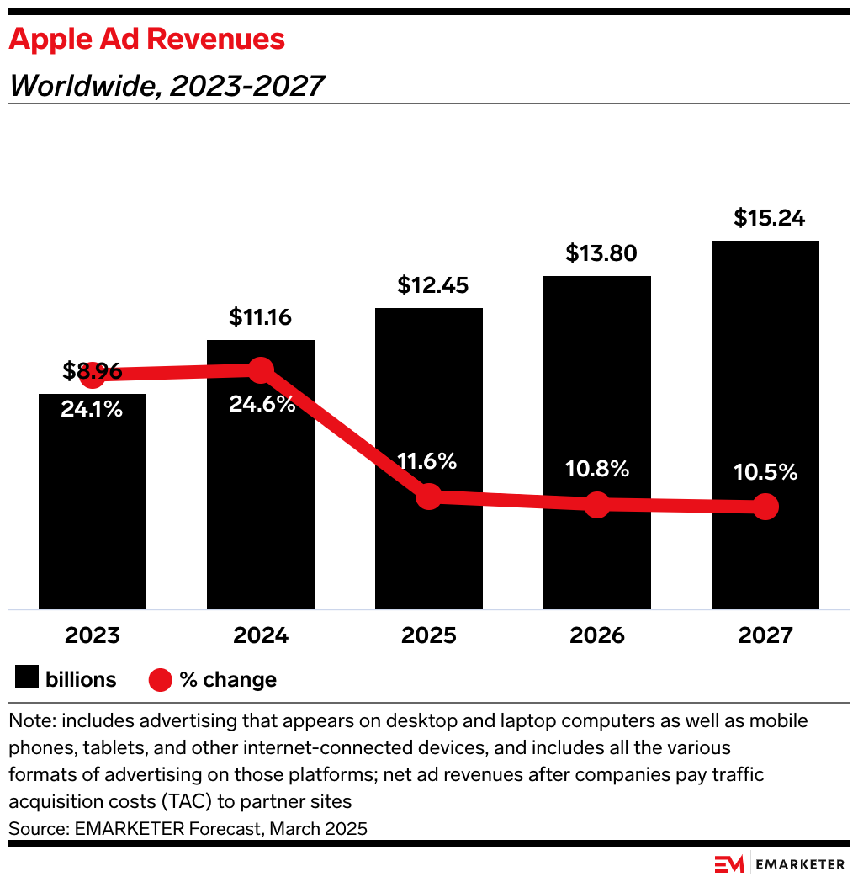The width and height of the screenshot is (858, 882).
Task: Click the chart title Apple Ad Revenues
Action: tap(147, 39)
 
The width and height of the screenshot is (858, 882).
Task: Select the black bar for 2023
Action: tap(93, 505)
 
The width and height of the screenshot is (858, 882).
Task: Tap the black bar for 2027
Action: tap(765, 379)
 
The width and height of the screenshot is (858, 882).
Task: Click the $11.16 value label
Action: tap(260, 318)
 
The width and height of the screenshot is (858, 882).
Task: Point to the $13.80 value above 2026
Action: tap(596, 253)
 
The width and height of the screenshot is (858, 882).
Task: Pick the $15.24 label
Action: tap(765, 218)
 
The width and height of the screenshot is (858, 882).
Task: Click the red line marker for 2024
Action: tap(261, 369)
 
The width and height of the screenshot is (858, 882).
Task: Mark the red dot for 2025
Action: tap(429, 497)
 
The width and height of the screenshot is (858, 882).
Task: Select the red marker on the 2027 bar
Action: tap(765, 507)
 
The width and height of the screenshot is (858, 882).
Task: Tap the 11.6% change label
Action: tap(428, 461)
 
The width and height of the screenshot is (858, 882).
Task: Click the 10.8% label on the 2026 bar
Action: tap(596, 469)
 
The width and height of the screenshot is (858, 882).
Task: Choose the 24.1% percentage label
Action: tap(92, 410)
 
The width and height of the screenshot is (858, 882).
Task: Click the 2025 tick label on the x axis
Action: tap(428, 635)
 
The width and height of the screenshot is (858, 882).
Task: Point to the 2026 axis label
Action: tap(596, 635)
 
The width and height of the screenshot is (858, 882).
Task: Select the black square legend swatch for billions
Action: tap(27, 679)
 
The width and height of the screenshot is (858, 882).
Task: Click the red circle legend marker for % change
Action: tap(160, 679)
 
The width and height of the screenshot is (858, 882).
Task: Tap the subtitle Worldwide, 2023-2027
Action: tap(167, 85)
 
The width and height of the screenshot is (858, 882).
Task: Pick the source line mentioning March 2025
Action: tap(188, 828)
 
